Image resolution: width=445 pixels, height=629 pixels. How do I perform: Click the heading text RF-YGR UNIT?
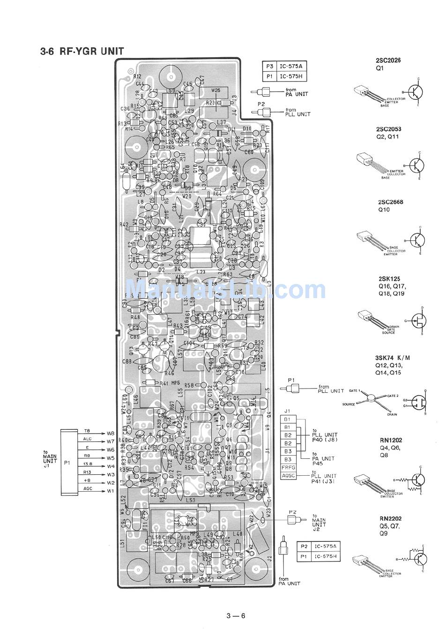tap(82, 51)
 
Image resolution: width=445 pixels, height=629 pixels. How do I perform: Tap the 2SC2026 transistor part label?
tap(388, 60)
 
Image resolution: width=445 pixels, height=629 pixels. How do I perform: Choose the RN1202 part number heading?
tap(391, 440)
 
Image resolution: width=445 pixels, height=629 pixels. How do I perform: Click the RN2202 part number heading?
tap(391, 518)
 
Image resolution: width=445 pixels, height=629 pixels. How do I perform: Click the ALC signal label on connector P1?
tap(87, 439)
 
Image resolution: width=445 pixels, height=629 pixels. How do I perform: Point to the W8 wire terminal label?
tap(110, 433)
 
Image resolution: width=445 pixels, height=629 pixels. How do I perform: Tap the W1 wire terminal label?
tap(110, 491)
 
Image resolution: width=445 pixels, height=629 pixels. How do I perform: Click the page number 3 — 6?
tap(235, 616)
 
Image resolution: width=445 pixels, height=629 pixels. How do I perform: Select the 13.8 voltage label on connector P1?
tap(87, 464)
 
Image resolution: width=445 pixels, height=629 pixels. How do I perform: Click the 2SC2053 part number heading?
tap(388, 129)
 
